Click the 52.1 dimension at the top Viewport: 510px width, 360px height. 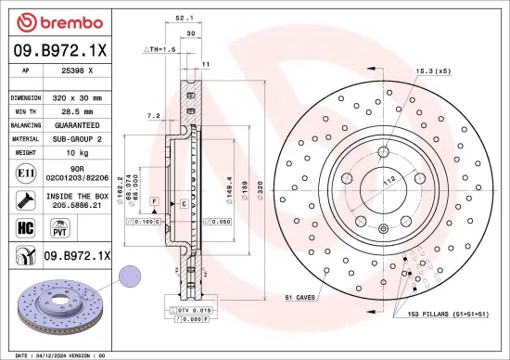(x=184, y=18)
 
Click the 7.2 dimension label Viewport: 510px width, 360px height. (x=153, y=116)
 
